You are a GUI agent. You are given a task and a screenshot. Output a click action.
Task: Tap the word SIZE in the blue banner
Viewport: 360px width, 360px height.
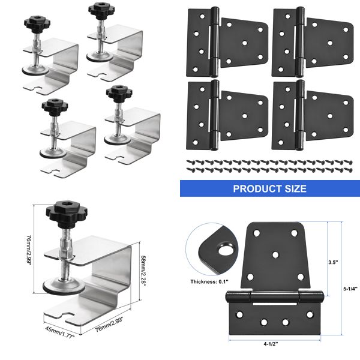click(293, 188)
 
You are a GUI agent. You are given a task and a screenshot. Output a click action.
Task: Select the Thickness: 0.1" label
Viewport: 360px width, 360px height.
click(208, 281)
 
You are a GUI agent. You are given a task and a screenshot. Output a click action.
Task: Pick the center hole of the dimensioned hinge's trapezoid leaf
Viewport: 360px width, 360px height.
click(275, 255)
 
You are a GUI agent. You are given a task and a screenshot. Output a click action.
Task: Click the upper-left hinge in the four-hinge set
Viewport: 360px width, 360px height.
click(226, 41)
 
